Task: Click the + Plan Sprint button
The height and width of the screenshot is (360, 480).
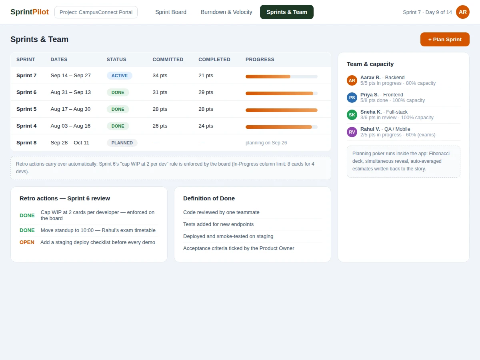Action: point(444,39)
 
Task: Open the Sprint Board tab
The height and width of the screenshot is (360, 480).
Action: point(171,12)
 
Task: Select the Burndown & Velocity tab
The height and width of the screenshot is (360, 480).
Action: point(226,12)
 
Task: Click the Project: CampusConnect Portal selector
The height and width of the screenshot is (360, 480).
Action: point(96,12)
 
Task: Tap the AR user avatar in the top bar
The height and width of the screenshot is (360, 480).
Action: point(462,12)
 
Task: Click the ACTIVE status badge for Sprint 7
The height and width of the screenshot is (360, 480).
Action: point(119,76)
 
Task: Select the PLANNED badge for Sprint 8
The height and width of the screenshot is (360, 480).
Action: point(122,143)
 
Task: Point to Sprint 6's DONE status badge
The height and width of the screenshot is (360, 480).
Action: point(118,92)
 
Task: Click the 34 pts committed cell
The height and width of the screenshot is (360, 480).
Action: point(160,76)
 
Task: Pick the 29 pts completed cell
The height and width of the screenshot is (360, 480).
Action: point(206,92)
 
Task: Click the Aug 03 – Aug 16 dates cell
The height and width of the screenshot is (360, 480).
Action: point(70,126)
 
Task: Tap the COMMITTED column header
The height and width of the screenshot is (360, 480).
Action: point(168,60)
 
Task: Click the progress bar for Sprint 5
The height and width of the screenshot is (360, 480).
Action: point(282,110)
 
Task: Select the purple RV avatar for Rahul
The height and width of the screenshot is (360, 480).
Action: point(352,132)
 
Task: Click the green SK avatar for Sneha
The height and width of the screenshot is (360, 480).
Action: point(352,115)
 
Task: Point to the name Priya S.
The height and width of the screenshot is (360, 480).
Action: point(370,95)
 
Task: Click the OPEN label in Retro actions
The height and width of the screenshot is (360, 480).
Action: point(27,242)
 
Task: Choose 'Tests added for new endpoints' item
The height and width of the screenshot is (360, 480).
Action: point(218,224)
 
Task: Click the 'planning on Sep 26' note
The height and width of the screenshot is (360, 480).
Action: point(266,143)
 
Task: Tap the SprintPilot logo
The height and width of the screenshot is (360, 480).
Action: point(30,12)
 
